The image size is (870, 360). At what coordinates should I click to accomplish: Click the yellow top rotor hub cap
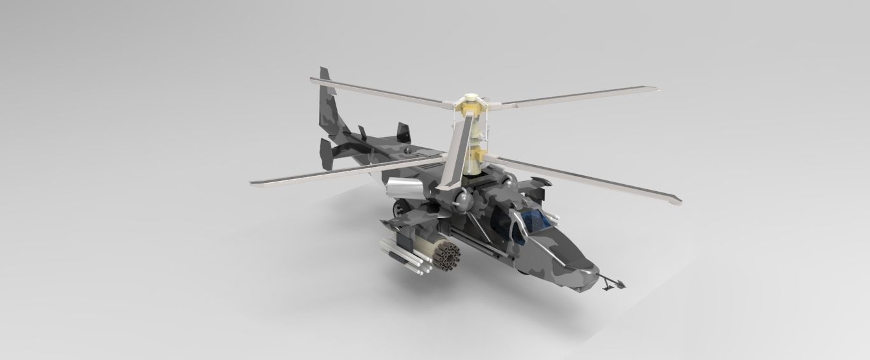(x=469, y=100)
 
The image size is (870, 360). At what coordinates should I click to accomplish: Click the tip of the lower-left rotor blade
(x=253, y=183)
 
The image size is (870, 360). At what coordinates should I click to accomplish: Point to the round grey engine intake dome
(x=464, y=201)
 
